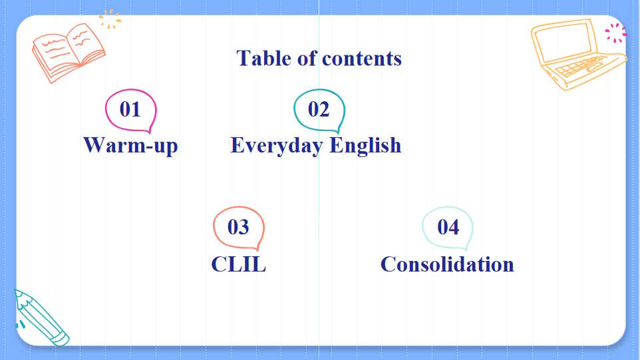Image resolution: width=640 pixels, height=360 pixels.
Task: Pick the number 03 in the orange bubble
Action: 238,228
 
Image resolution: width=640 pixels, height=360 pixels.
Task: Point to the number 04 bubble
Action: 448,228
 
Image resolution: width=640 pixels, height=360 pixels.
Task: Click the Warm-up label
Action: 130,145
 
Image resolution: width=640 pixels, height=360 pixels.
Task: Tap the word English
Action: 365,145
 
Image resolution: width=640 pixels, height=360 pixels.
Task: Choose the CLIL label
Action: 238,264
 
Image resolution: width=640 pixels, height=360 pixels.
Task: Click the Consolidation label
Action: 447,264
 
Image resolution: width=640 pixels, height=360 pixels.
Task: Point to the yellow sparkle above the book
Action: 110,19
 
